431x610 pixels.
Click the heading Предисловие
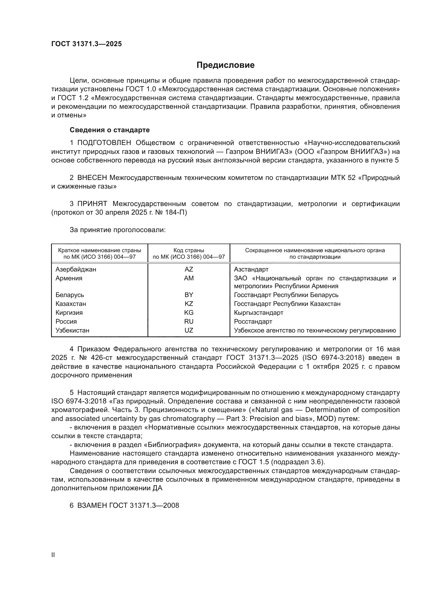pyautogui.click(x=225, y=65)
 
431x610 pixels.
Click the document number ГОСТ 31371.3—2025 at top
pyautogui.click(x=87, y=44)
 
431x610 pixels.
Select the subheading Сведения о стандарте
pyautogui.click(x=110, y=130)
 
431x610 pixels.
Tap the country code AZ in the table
pyautogui.click(x=189, y=269)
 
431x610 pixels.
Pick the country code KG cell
pyautogui.click(x=189, y=312)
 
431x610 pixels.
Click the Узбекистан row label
pyautogui.click(x=72, y=330)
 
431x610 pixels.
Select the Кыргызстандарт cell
pyautogui.click(x=258, y=313)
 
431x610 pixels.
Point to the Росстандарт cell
pyautogui.click(x=253, y=322)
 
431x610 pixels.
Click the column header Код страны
pyautogui.click(x=189, y=250)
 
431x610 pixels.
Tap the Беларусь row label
pyautogui.click(x=70, y=295)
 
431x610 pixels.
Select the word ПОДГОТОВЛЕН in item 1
pyautogui.click(x=104, y=143)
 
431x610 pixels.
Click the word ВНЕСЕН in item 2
pyautogui.click(x=92, y=178)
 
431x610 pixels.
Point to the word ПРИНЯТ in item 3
pyautogui.click(x=92, y=204)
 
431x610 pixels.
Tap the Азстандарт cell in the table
pyautogui.click(x=251, y=269)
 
